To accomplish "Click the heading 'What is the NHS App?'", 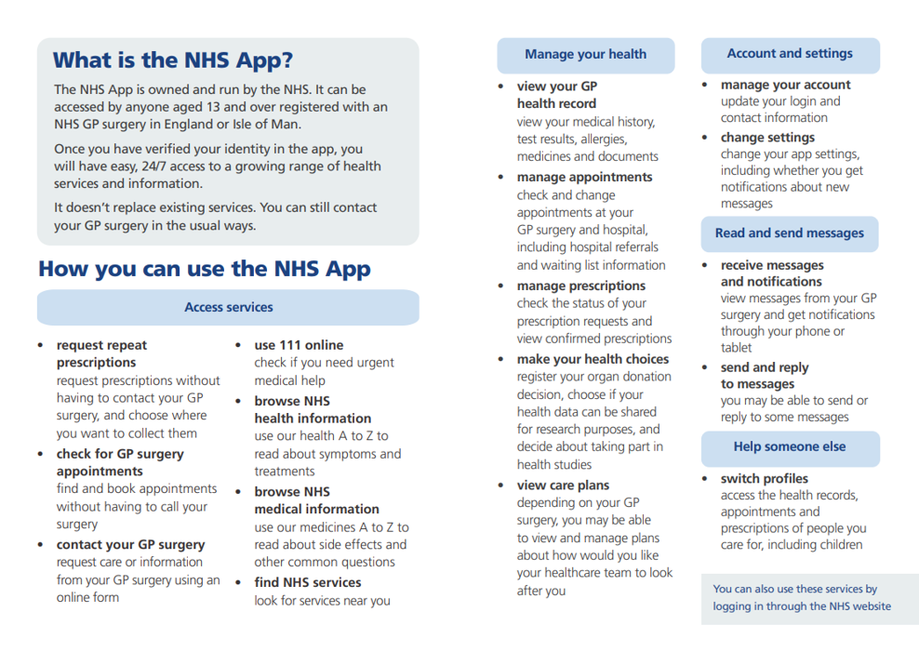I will (x=173, y=60).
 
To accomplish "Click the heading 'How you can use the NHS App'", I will (x=205, y=269).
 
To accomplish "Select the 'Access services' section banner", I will (x=229, y=307).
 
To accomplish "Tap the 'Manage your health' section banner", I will (x=585, y=54).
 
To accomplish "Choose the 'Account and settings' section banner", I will (x=790, y=54).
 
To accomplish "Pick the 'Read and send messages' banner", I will (x=790, y=233).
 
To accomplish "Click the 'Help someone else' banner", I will (x=790, y=446).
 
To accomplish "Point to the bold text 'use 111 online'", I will (x=299, y=345).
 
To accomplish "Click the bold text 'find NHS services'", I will (x=308, y=583).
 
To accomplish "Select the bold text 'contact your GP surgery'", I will (x=131, y=545).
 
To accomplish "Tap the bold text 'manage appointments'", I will (x=585, y=178).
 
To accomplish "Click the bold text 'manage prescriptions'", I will (x=581, y=286).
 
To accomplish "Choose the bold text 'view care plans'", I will (x=564, y=486).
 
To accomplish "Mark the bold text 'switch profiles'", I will (x=765, y=479).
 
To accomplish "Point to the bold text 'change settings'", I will (x=767, y=138).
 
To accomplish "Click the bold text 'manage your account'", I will (x=786, y=85).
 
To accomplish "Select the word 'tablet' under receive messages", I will (x=737, y=348).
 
